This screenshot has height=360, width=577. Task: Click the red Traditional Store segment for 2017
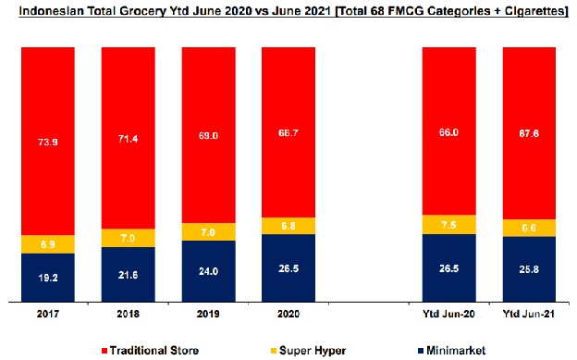48,141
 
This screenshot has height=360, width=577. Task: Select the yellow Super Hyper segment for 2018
128,238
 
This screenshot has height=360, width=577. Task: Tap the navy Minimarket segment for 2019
208,271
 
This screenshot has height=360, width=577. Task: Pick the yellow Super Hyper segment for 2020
288,226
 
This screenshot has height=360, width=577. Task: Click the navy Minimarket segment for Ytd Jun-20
449,267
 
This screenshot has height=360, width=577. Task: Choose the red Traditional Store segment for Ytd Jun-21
529,133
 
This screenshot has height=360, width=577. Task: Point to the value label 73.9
48,143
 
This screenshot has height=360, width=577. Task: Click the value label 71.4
128,140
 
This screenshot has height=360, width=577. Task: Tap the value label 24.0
208,271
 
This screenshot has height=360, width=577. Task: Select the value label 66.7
288,133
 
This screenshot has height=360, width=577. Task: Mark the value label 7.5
449,225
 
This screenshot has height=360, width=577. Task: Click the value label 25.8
529,269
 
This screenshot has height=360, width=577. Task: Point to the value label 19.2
48,278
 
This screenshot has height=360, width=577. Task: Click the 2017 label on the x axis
48,314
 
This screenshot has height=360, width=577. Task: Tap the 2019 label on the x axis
208,314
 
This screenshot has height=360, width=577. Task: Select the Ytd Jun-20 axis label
449,314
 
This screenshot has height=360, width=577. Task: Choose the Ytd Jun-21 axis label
529,314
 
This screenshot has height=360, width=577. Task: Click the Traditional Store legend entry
150,351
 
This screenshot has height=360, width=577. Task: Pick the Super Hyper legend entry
308,351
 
